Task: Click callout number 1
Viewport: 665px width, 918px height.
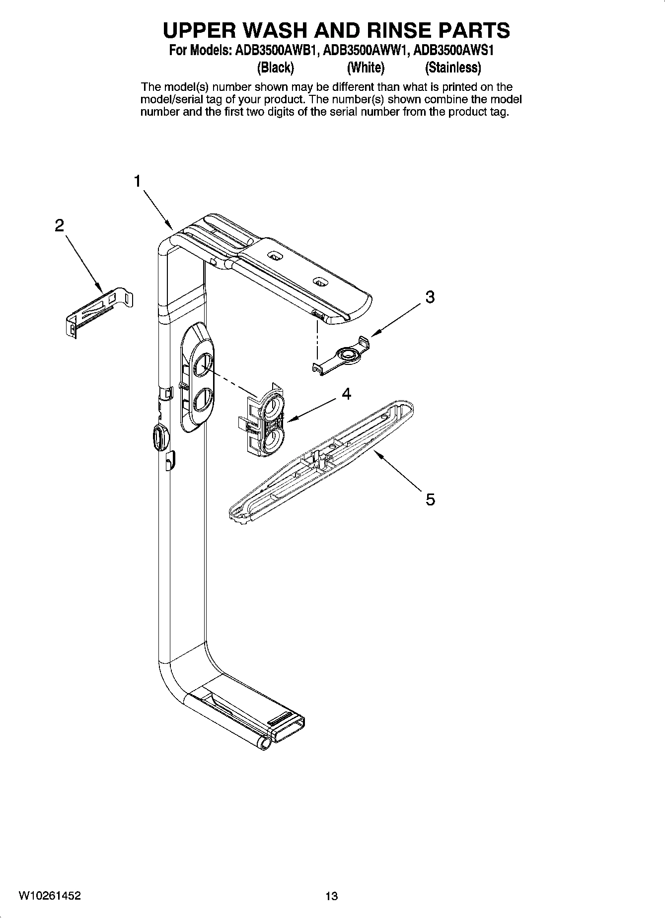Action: (138, 182)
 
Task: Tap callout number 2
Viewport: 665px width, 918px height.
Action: (59, 226)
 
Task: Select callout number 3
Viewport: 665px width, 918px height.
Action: (430, 297)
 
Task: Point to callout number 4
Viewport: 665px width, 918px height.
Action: (347, 394)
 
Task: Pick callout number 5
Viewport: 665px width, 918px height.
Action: (430, 499)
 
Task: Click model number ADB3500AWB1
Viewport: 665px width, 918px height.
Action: (275, 51)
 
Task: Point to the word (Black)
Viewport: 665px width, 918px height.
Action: (275, 67)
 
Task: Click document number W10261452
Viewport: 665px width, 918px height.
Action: (50, 896)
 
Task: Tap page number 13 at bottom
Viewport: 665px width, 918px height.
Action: (331, 896)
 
